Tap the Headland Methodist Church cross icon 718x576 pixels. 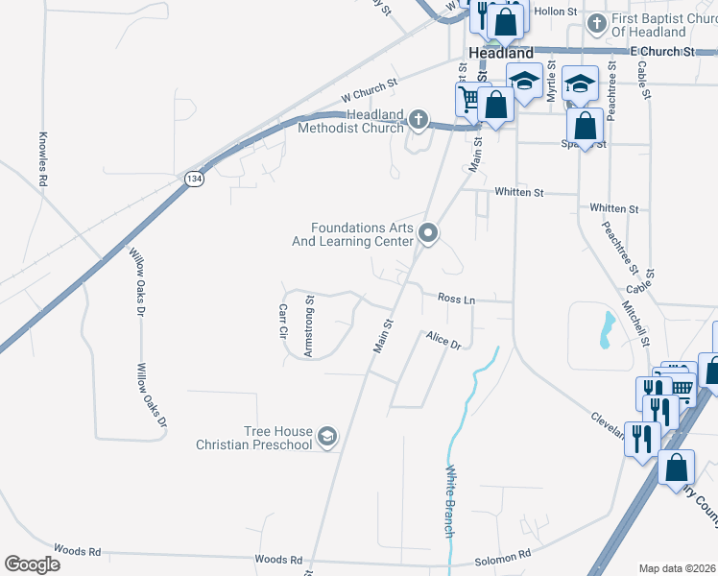point(418,120)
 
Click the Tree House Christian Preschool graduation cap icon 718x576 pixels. point(327,437)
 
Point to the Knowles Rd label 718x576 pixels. point(43,158)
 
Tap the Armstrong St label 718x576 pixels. point(309,326)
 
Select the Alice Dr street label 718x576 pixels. point(444,341)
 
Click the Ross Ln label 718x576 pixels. point(457,300)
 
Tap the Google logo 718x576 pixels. point(32,564)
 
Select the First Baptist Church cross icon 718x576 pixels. point(596,21)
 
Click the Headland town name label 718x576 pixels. point(500,54)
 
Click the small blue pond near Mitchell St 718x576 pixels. point(607,331)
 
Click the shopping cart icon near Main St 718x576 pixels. point(468,97)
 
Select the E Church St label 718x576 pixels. point(661,50)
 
